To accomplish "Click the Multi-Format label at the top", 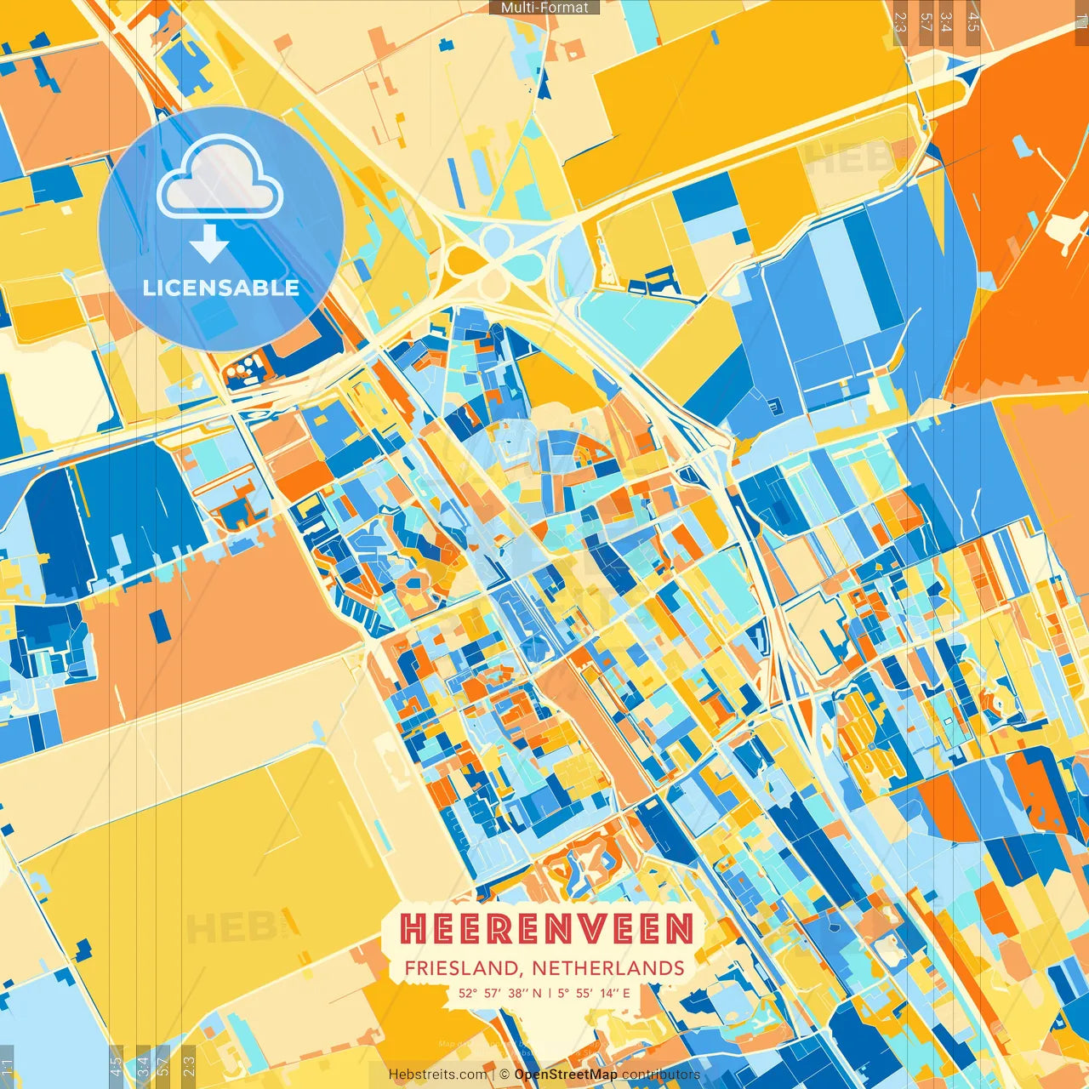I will [x=544, y=8].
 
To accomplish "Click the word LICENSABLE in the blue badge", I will [x=221, y=288].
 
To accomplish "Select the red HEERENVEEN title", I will [x=546, y=929].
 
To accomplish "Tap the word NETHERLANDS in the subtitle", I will [x=608, y=968].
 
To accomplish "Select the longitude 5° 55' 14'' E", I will [x=595, y=993].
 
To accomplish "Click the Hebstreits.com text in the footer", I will [x=438, y=1075].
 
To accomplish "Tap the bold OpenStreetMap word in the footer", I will [x=566, y=1075].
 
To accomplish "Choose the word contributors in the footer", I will [x=661, y=1075].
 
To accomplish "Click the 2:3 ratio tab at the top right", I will [x=900, y=21].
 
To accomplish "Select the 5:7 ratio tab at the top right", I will [x=926, y=21].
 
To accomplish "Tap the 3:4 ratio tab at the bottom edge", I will [x=143, y=1066].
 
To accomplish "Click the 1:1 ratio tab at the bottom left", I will [x=8, y=1066].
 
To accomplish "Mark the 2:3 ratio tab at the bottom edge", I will [x=189, y=1066].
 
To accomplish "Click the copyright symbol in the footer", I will [x=505, y=1075].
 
